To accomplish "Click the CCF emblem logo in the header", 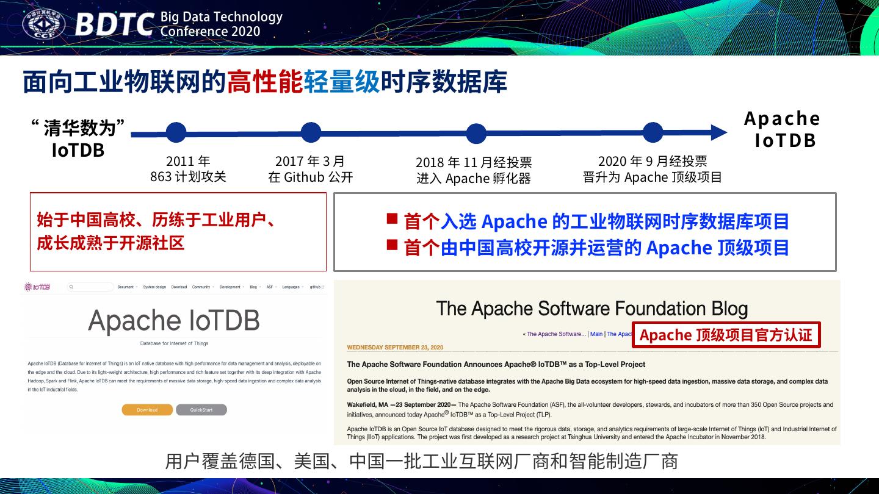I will tap(44, 24).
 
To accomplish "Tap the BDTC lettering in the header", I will tap(115, 25).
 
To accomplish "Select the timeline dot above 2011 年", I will tap(176, 132).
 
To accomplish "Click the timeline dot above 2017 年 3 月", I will tap(311, 132).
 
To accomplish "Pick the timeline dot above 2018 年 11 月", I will tap(476, 133).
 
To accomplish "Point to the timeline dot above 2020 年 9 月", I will tap(653, 132).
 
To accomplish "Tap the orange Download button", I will tap(147, 410).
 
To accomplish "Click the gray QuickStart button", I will tap(201, 410).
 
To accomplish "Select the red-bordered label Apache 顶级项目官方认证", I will tap(726, 335).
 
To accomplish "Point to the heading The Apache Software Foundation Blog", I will tap(591, 309).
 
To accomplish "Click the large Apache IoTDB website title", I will tap(174, 320).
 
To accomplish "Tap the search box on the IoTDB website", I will tap(92, 287).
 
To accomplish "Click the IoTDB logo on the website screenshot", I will tap(37, 287).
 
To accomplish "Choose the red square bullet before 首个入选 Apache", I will tap(392, 218).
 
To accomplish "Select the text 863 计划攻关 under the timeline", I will tap(188, 177).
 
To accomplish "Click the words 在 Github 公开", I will tap(311, 177).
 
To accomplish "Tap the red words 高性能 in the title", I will tap(265, 82).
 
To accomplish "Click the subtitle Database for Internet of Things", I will tap(174, 343).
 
